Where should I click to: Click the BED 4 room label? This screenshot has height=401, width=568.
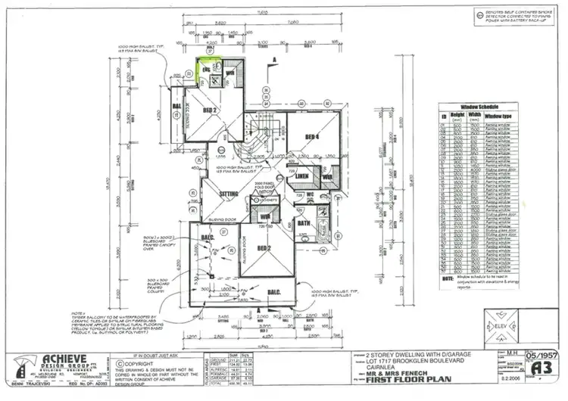(x=311, y=136)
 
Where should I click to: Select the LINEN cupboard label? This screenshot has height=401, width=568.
(x=301, y=176)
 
